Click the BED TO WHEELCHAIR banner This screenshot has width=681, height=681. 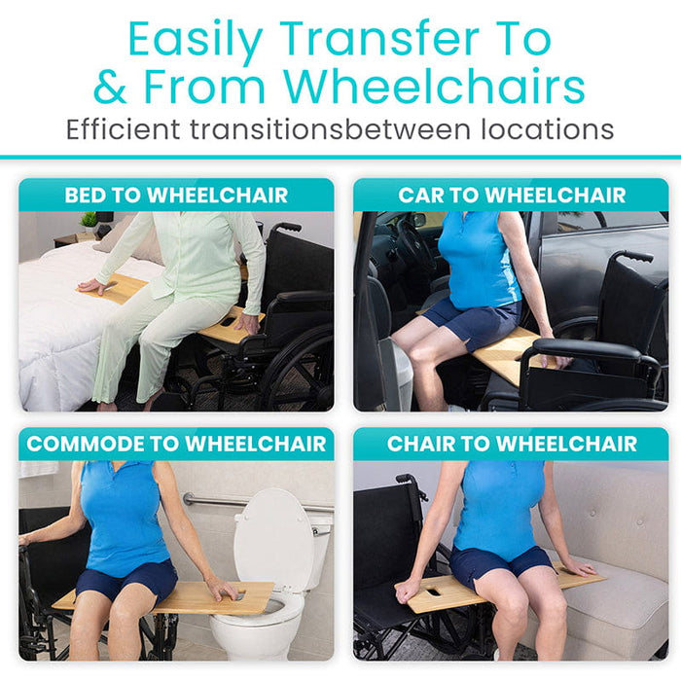[176, 195]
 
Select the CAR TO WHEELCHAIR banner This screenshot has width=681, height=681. [511, 195]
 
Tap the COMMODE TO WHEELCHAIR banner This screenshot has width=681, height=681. [176, 445]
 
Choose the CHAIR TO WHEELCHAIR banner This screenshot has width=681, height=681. [511, 445]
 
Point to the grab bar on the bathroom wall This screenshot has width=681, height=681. [209, 501]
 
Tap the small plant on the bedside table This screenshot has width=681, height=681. [89, 221]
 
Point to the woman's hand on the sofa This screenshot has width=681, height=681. [576, 567]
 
